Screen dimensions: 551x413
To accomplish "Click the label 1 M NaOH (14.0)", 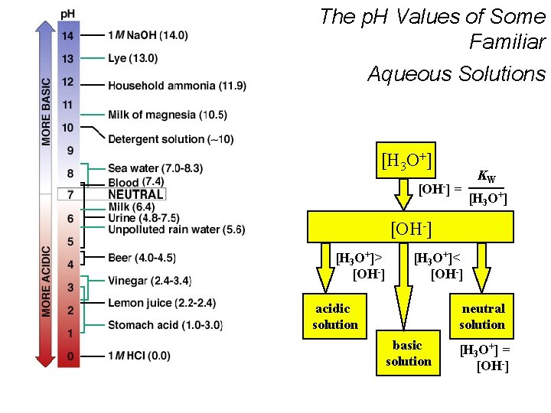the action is (148, 35).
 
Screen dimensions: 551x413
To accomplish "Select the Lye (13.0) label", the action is (133, 58).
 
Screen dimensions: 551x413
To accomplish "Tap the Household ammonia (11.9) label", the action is (177, 86).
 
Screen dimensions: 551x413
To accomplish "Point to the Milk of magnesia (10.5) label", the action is (168, 115).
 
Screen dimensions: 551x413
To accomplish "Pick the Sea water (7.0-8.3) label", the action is (155, 168).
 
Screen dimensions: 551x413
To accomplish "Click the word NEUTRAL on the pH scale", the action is (135, 194).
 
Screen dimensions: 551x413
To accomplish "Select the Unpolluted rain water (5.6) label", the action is (177, 229).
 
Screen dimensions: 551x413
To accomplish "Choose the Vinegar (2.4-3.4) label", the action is (149, 281).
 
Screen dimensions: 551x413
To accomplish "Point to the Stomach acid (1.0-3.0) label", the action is (165, 326).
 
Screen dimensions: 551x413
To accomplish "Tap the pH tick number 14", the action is (68, 35).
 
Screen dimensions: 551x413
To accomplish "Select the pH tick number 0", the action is (68, 356).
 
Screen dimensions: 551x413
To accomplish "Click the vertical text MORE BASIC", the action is (47, 112).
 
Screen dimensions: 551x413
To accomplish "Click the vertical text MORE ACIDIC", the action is (47, 281).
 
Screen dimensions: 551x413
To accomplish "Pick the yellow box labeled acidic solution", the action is (335, 317).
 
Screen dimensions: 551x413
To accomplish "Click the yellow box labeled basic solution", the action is (408, 353).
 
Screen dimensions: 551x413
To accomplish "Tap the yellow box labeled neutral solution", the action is (482, 317).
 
